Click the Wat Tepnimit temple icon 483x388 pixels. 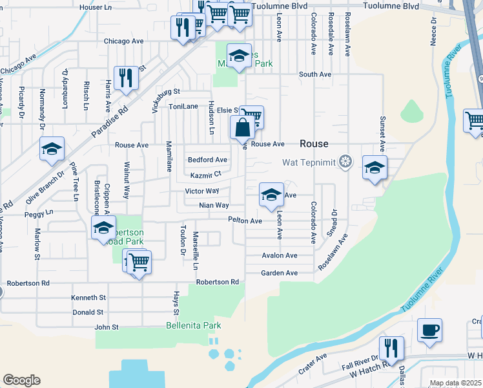coord(346,161)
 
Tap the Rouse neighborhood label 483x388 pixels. coord(314,144)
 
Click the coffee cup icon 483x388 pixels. coord(429,330)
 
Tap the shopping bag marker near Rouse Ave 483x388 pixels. coord(242,127)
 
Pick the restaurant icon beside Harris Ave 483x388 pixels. coord(126,78)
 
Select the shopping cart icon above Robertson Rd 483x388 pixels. coord(139,262)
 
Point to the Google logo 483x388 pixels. coord(21,380)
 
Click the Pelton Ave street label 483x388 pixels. coord(245,221)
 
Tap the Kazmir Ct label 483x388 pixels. coord(206,175)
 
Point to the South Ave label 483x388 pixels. coord(314,74)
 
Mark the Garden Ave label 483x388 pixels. coord(279,273)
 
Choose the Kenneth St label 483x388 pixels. coord(88,297)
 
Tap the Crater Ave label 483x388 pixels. coord(313,367)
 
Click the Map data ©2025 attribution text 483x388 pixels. coord(455,383)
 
